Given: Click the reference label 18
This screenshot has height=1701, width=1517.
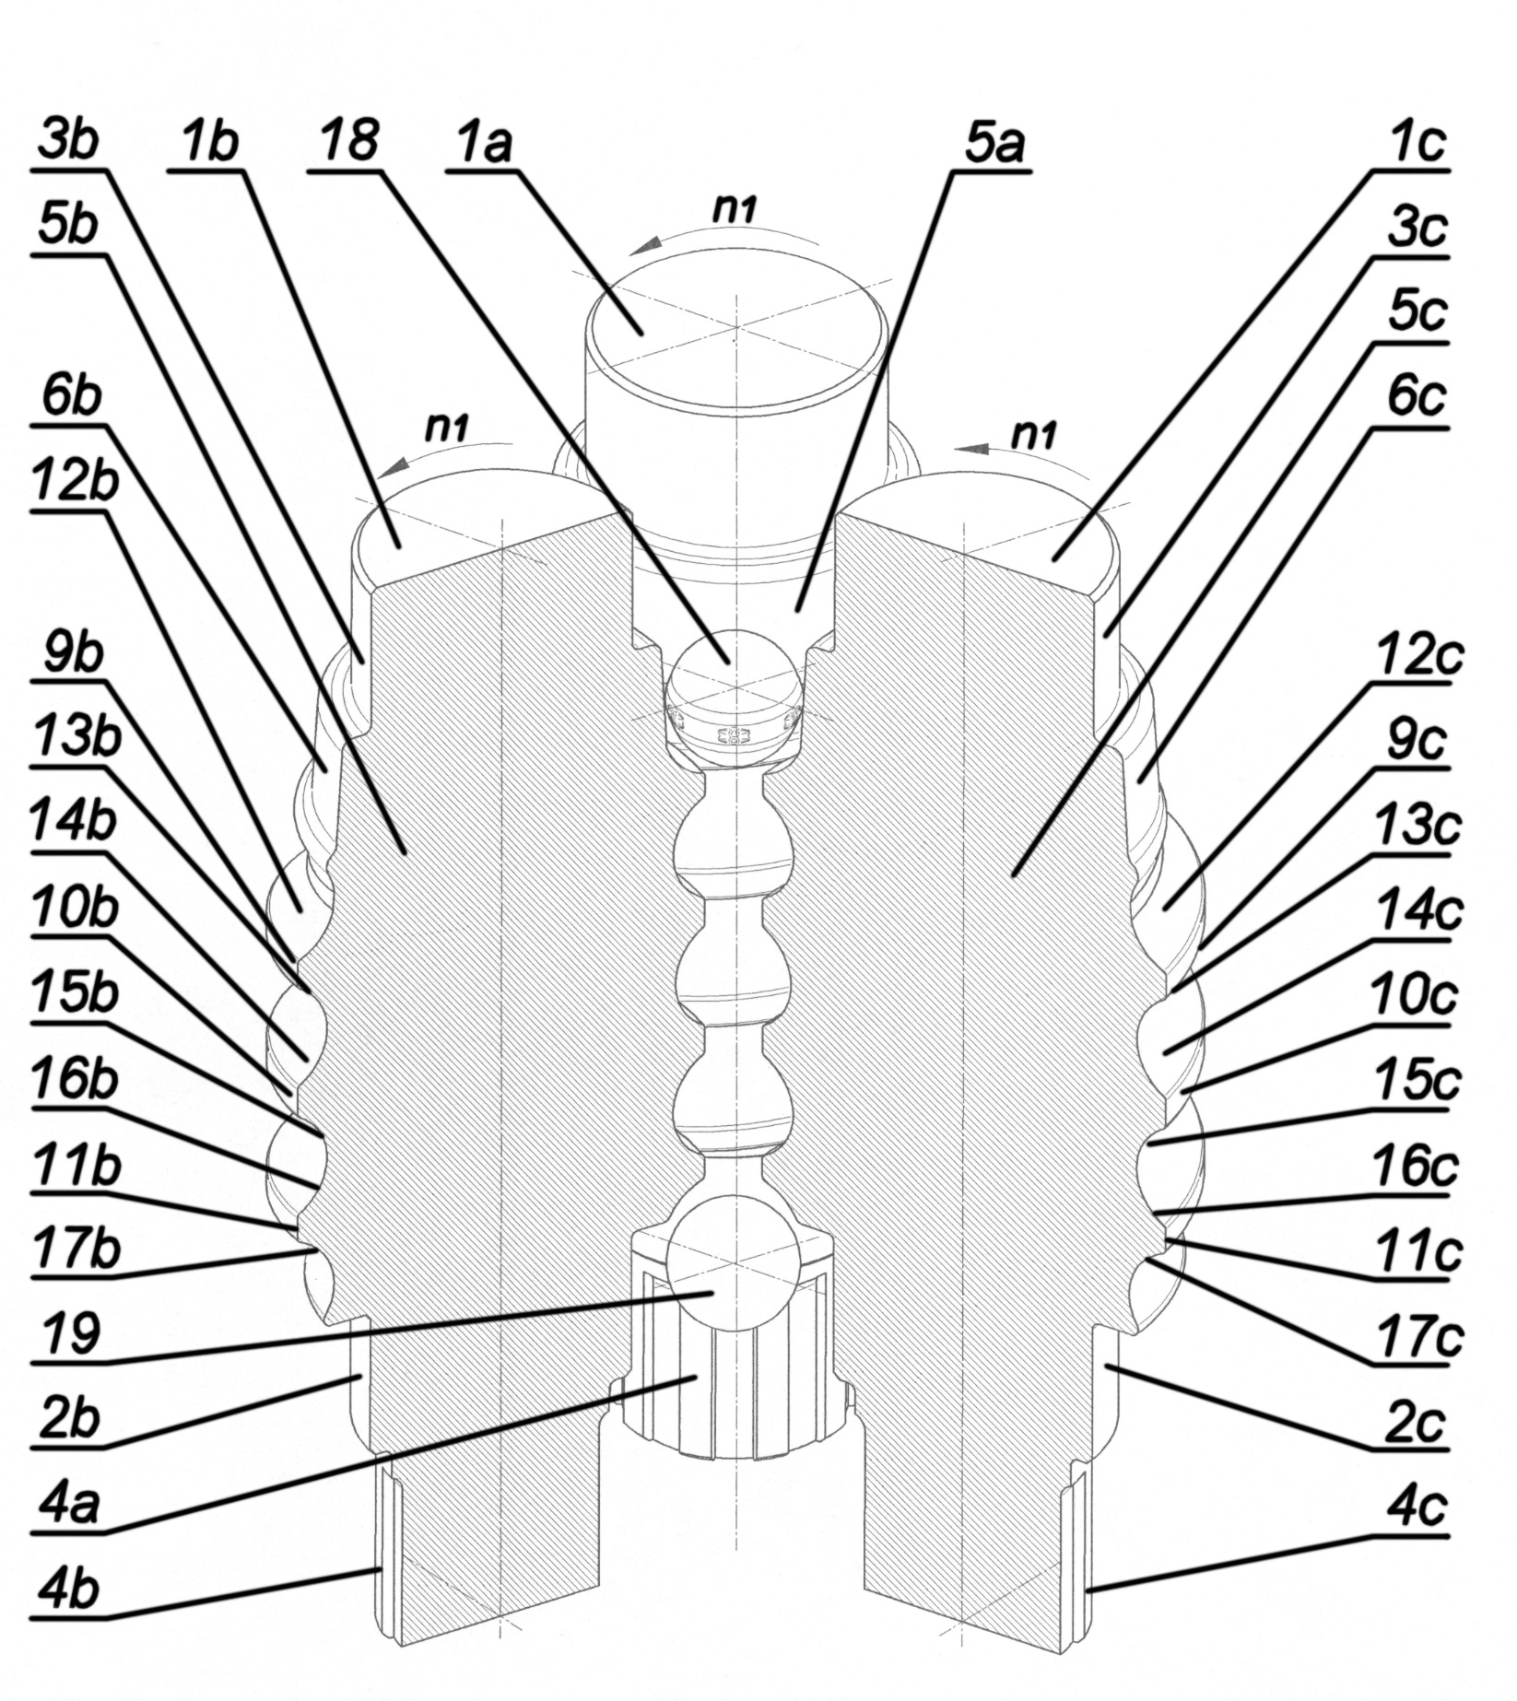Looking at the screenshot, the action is pyautogui.click(x=348, y=143).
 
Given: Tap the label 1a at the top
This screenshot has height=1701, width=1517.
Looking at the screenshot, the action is pyautogui.click(x=484, y=143).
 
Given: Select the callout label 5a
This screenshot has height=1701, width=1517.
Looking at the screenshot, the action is pyautogui.click(x=997, y=143).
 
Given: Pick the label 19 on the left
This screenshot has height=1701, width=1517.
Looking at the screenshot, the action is pyautogui.click(x=69, y=1333).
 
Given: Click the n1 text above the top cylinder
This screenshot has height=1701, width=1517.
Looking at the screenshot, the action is pyautogui.click(x=735, y=210).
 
